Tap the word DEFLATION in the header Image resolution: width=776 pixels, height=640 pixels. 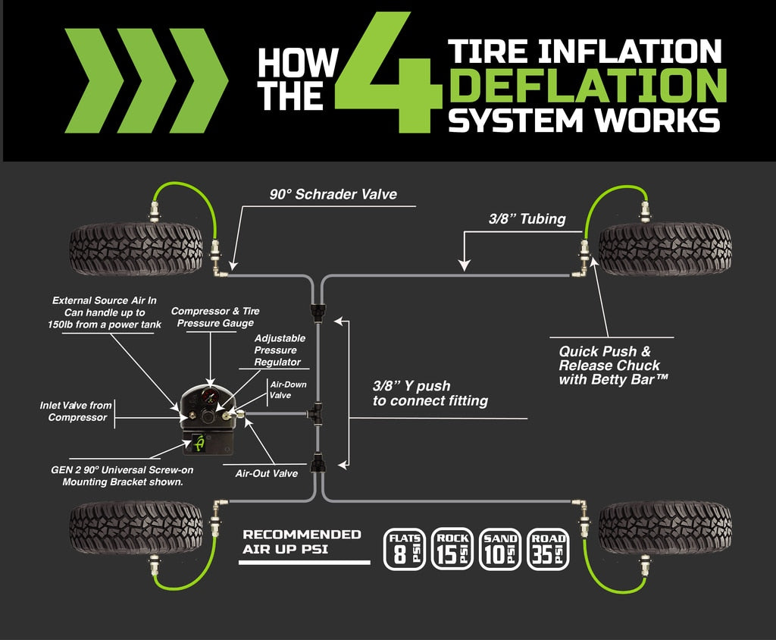pyautogui.click(x=587, y=85)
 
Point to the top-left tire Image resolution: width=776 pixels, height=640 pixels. pyautogui.click(x=136, y=249)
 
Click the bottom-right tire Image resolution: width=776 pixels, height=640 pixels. pyautogui.click(x=665, y=527)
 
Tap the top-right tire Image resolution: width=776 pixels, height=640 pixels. pyautogui.click(x=665, y=249)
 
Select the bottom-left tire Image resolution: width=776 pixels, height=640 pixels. pyautogui.click(x=136, y=527)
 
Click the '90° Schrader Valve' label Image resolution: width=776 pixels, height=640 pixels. pyautogui.click(x=333, y=194)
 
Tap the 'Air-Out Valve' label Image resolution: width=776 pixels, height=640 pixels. pyautogui.click(x=265, y=472)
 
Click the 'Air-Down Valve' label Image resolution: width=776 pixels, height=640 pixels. pyautogui.click(x=289, y=389)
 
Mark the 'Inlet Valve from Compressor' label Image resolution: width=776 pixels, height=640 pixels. pyautogui.click(x=76, y=411)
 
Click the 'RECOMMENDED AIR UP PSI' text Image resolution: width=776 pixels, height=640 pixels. pyautogui.click(x=302, y=541)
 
